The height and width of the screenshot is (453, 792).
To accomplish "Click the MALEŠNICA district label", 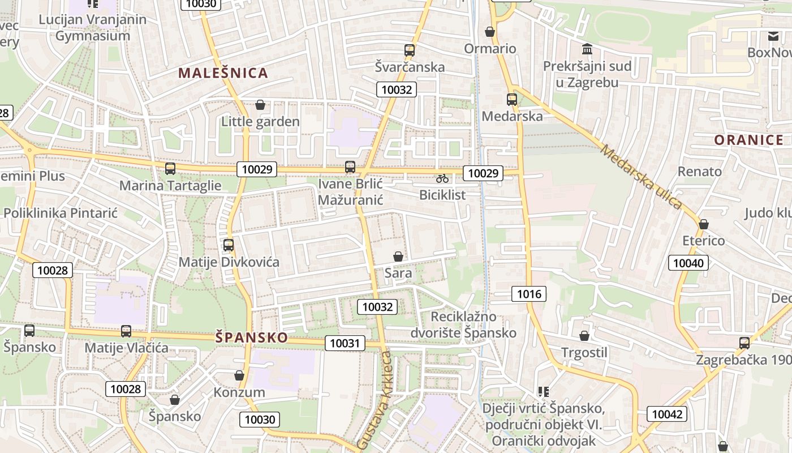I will coord(223,73).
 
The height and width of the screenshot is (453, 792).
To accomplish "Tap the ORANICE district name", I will coord(748,140).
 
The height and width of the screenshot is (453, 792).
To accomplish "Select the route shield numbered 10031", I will coord(345,343).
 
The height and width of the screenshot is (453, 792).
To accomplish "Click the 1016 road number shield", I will coord(529,293).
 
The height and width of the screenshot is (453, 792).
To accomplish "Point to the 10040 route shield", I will coord(688,263).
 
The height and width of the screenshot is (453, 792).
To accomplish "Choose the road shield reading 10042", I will coord(667,414).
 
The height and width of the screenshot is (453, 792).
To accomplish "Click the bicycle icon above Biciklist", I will coord(442,178).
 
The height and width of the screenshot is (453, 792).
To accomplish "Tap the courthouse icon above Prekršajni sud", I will coord(587,49).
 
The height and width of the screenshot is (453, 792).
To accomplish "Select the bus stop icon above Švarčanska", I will coord(410,50).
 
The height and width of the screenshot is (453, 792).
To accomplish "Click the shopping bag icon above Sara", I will coord(398,257).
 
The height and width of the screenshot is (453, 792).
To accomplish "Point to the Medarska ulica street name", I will coord(641,177).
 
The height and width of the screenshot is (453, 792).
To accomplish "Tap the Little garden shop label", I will coord(260,122).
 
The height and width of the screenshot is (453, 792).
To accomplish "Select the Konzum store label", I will coord(239,392).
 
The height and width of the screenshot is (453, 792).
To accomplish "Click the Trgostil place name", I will coord(584,353).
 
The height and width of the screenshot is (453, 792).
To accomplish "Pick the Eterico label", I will coord(703,241).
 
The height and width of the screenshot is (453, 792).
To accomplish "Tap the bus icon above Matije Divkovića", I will coord(229,245).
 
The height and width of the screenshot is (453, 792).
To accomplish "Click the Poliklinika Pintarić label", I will coord(61,213).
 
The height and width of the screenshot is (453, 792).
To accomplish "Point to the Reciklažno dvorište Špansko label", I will coord(474,324).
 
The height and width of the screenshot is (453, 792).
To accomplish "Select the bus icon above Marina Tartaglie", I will coord(170,169).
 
